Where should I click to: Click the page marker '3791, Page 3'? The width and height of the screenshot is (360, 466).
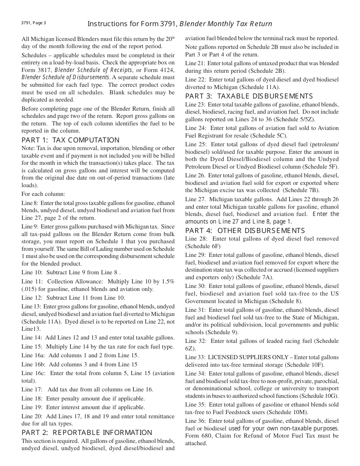(34, 23)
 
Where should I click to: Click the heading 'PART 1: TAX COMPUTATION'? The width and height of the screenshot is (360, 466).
(70, 140)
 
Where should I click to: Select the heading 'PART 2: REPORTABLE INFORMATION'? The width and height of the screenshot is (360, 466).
(87, 432)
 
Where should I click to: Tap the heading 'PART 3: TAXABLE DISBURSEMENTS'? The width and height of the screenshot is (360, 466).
(249, 96)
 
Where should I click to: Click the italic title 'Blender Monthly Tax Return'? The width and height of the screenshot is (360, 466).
(226, 24)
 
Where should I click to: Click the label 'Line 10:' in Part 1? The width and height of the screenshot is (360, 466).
(32, 272)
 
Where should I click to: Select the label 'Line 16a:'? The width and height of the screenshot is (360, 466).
(34, 355)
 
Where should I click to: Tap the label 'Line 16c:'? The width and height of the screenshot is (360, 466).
(34, 373)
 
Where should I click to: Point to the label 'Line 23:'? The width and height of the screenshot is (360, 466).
(196, 104)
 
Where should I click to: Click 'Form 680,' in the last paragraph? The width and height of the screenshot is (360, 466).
(197, 436)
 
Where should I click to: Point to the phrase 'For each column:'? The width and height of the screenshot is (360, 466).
(43, 194)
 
